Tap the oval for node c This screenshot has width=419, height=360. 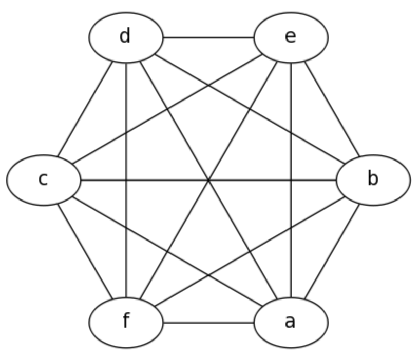pyautogui.click(x=44, y=180)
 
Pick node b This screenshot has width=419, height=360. pyautogui.click(x=373, y=180)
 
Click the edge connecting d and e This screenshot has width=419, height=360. pyautogui.click(x=208, y=37)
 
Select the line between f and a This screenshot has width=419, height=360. pyautogui.click(x=208, y=323)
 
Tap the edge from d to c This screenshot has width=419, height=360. pyautogui.click(x=85, y=109)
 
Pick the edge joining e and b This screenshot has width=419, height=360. pyautogui.click(x=332, y=109)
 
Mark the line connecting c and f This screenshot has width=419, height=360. pyautogui.click(x=85, y=251)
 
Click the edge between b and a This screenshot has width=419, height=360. pyautogui.click(x=332, y=251)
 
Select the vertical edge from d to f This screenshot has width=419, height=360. pyautogui.click(x=126, y=128)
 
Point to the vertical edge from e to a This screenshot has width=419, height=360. pyautogui.click(x=291, y=128)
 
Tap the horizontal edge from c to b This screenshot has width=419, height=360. pyautogui.click(x=154, y=180)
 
